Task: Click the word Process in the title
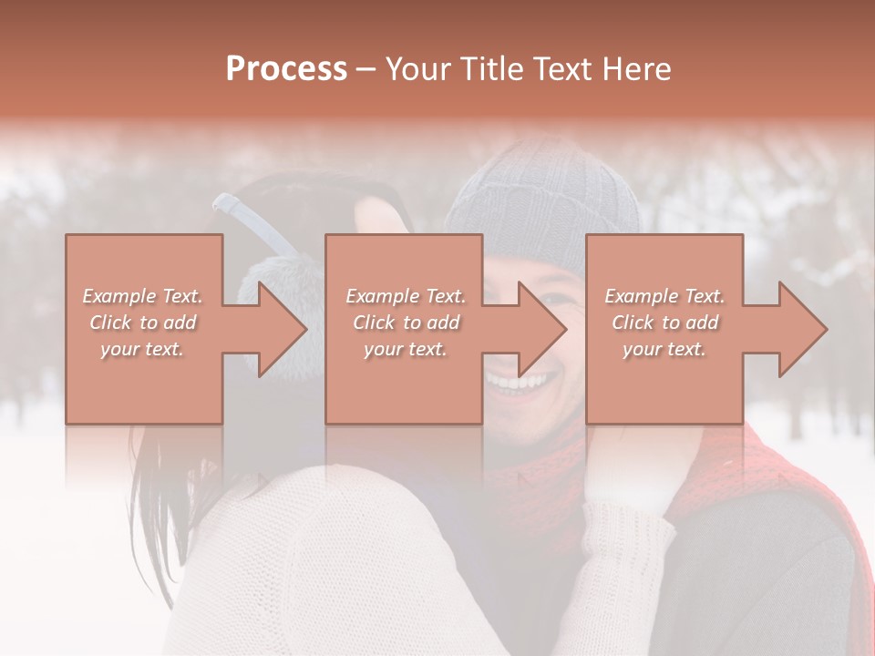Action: (x=286, y=68)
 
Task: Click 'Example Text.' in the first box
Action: (x=143, y=296)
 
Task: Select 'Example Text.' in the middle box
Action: (x=406, y=296)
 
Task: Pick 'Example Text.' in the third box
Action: (x=664, y=296)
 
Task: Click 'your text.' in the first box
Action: (x=142, y=349)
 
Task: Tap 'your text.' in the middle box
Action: (x=405, y=349)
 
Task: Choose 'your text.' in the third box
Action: (x=664, y=349)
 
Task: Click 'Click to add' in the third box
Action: (x=665, y=323)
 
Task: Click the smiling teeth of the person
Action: (x=516, y=380)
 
